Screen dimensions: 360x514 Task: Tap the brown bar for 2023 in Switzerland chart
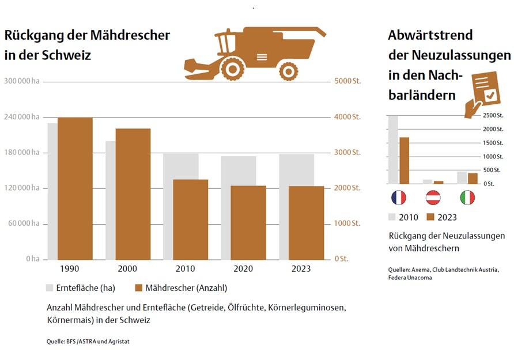(307, 223)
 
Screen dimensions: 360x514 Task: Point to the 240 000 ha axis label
(21, 117)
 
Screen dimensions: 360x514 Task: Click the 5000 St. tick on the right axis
(347, 81)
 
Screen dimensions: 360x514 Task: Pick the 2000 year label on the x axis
(127, 269)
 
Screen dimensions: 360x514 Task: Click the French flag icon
(398, 198)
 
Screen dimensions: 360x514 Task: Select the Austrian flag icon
(433, 198)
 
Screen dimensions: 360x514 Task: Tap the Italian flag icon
(467, 198)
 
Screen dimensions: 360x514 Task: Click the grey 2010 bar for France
(393, 150)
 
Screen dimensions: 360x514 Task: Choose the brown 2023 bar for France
(404, 161)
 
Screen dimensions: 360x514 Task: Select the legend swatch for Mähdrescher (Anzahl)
(138, 287)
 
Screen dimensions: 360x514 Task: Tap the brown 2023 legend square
(430, 217)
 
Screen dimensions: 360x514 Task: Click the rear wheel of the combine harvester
(288, 71)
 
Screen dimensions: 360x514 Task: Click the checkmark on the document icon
(490, 94)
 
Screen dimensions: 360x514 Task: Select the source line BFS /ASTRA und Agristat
(88, 342)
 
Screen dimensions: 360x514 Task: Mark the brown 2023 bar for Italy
(473, 179)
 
